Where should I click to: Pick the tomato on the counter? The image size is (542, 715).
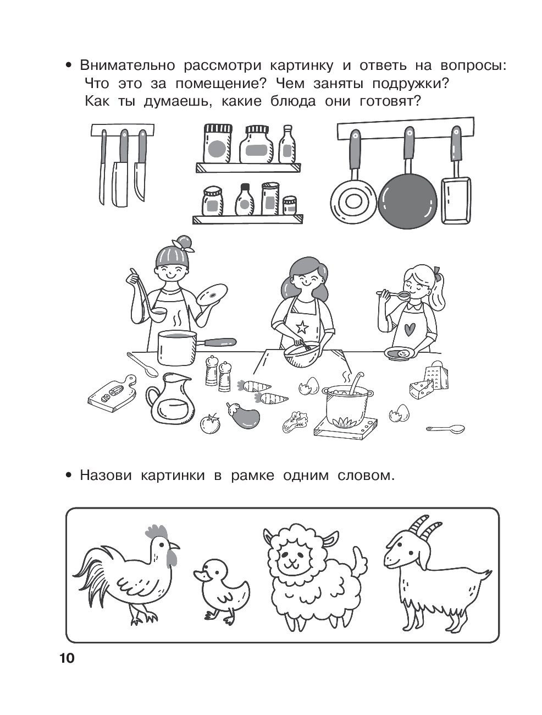pos(210,423)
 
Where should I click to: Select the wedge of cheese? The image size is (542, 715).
pos(421,390)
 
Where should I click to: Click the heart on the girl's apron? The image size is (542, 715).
pos(410,330)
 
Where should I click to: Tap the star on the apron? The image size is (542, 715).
pos(303,326)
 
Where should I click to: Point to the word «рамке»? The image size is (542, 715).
pos(253,476)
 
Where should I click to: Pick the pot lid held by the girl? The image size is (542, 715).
pos(212,294)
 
